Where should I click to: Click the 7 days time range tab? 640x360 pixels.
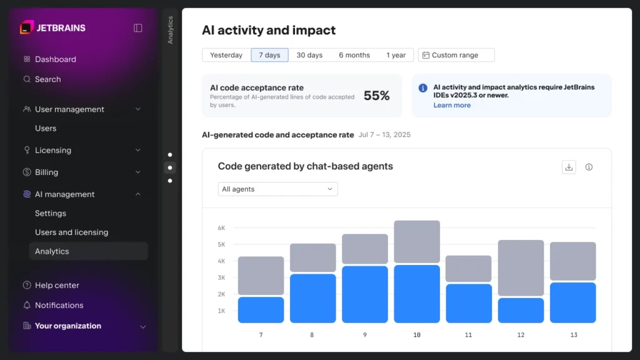[269, 55]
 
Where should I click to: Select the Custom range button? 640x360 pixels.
[456, 55]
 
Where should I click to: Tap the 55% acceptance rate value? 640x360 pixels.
[376, 96]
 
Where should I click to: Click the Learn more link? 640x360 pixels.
[452, 106]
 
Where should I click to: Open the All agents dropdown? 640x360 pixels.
[277, 189]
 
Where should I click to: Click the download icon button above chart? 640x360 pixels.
[569, 167]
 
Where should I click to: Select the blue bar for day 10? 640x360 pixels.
[417, 294]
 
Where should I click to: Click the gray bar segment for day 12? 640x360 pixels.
[521, 267]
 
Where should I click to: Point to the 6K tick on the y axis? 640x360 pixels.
[221, 228]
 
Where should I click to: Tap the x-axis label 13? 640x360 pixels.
[574, 335]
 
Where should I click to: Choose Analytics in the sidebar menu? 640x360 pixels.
[52, 251]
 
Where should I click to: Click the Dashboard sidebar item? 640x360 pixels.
[55, 59]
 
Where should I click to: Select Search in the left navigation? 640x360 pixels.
[47, 79]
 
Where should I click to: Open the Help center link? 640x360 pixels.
[57, 286]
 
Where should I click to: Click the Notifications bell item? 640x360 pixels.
[59, 306]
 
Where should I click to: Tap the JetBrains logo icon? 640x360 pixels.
[26, 27]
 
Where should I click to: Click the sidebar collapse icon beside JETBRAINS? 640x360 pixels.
[138, 27]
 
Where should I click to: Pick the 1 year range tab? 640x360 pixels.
[396, 55]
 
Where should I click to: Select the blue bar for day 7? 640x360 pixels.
[261, 310]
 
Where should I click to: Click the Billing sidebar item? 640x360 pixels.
[46, 172]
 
